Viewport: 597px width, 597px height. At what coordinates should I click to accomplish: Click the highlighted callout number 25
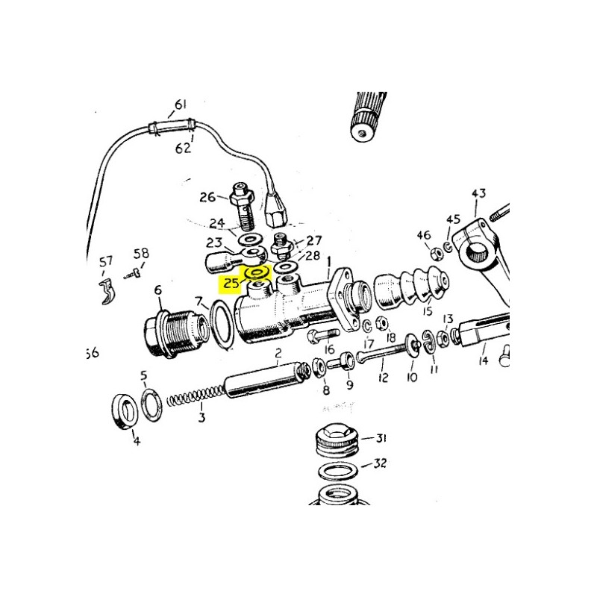click(231, 283)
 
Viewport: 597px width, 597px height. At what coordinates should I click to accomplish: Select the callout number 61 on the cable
click(181, 104)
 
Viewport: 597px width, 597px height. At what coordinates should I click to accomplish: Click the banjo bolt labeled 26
click(241, 206)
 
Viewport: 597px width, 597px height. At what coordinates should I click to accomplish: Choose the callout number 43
click(478, 193)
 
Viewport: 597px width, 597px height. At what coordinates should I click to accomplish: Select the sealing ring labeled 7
click(222, 324)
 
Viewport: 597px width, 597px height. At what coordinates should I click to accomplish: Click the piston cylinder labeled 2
click(267, 379)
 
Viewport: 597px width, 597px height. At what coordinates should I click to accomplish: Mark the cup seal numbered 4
click(125, 412)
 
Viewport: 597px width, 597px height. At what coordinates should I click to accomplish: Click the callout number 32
click(380, 463)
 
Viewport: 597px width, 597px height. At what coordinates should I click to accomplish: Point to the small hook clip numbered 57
click(107, 291)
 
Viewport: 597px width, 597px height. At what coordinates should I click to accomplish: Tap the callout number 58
click(141, 253)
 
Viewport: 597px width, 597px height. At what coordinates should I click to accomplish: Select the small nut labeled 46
click(436, 253)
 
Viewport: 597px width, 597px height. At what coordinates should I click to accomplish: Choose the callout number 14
click(483, 360)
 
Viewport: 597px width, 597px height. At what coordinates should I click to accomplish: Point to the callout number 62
click(183, 148)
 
